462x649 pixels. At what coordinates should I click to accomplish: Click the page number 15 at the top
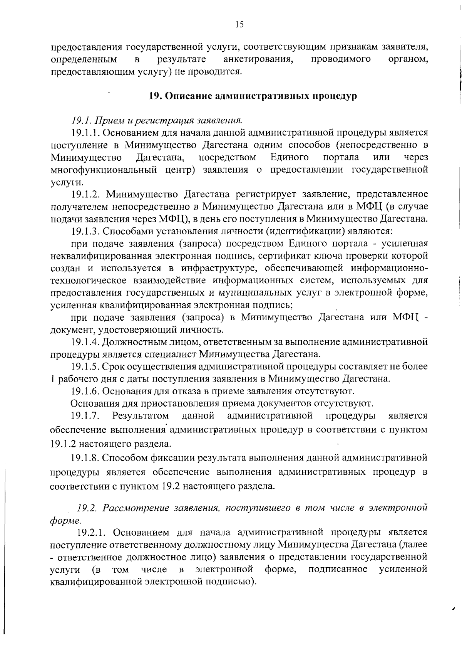[x=239, y=25]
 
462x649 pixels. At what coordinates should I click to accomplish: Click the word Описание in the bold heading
[x=188, y=96]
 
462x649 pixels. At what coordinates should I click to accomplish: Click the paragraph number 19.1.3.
[x=86, y=231]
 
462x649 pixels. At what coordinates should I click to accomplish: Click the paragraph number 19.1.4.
[x=86, y=342]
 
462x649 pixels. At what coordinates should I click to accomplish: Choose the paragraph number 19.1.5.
[x=86, y=367]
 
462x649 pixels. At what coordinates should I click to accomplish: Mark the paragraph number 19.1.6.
[x=86, y=391]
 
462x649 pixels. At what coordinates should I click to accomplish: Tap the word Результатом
[x=141, y=416]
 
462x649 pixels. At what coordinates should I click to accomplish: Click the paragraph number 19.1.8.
[x=86, y=458]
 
